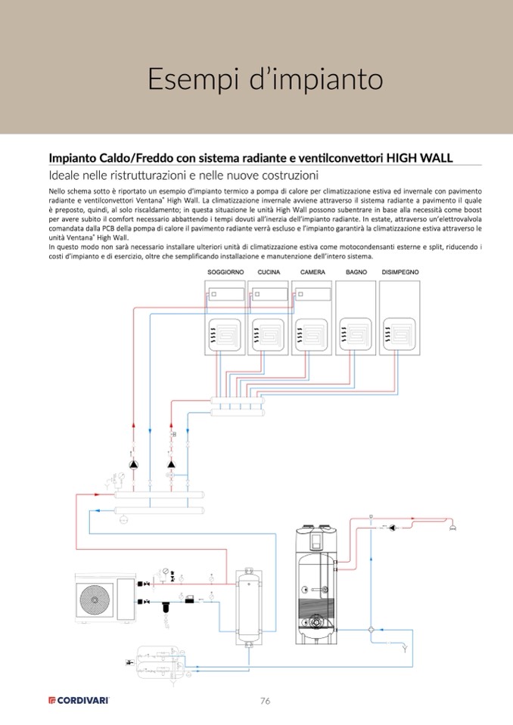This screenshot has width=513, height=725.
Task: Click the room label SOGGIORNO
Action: [x=225, y=271]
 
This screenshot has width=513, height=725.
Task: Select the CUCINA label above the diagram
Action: [x=269, y=271]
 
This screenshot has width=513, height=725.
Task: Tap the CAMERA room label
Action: [x=312, y=271]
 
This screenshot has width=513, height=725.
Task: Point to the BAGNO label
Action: [x=356, y=271]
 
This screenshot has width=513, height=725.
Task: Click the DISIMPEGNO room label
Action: [x=400, y=271]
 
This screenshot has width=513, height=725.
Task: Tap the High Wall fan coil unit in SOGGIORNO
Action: [x=225, y=293]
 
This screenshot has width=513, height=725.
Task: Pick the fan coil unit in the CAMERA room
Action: [x=312, y=293]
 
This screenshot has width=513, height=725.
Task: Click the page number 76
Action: [x=265, y=701]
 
